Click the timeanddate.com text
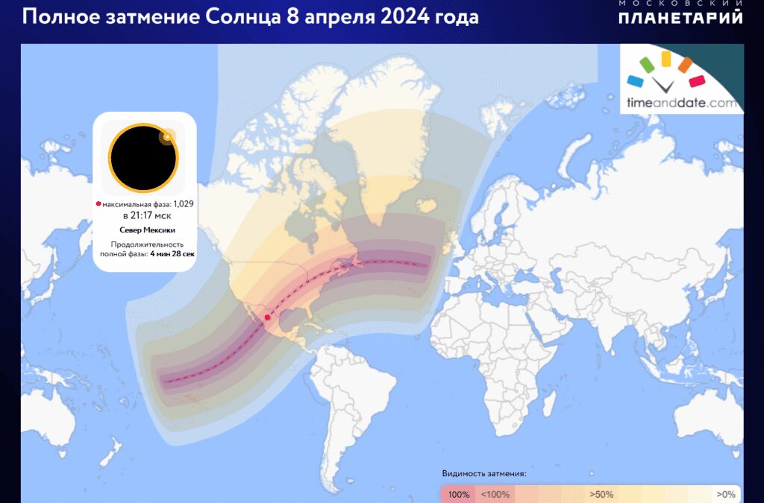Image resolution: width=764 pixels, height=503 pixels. (682, 104)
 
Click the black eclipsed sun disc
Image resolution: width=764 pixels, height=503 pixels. (143, 157)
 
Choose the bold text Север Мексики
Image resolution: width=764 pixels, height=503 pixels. (143, 230)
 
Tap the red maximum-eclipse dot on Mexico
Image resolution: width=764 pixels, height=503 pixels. (267, 317)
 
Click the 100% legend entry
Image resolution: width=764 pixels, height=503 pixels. (457, 494)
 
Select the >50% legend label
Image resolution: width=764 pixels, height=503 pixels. (601, 494)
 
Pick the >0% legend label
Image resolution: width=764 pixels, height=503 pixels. (726, 494)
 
